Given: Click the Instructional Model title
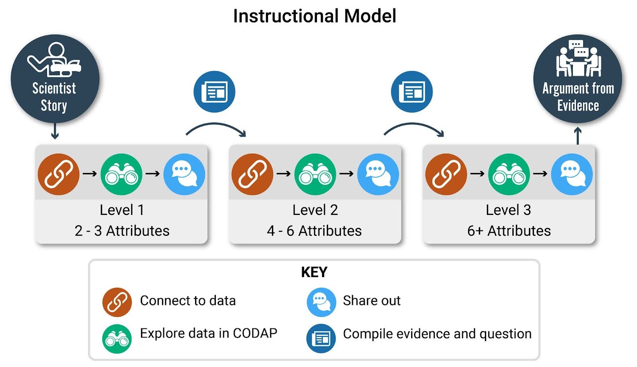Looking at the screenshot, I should point(315,16).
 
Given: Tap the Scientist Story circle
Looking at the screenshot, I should point(55,79).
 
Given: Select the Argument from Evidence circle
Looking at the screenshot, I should point(578,79).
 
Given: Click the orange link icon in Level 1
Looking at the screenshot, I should point(59,174).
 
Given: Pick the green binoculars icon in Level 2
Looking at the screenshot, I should point(315,174).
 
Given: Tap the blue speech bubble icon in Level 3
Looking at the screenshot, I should point(572,174).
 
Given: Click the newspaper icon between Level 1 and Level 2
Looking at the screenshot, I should point(214,92).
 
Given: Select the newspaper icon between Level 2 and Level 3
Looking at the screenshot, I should point(412,92).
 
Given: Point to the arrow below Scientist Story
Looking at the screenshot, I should point(55,131).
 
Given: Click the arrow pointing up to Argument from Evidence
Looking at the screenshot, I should point(578,136).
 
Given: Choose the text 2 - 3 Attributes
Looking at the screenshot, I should point(122,231).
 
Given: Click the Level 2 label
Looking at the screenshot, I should point(315,210).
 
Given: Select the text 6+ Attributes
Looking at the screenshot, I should point(509,231).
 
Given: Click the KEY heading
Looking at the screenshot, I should point(314,272).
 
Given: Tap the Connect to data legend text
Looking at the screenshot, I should point(188,301).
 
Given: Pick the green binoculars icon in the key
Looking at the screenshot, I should point(117,339).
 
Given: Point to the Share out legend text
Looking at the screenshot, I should point(371,301).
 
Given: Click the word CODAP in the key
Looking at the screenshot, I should point(255,333).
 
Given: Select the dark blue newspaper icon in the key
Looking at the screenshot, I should point(321,339).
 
